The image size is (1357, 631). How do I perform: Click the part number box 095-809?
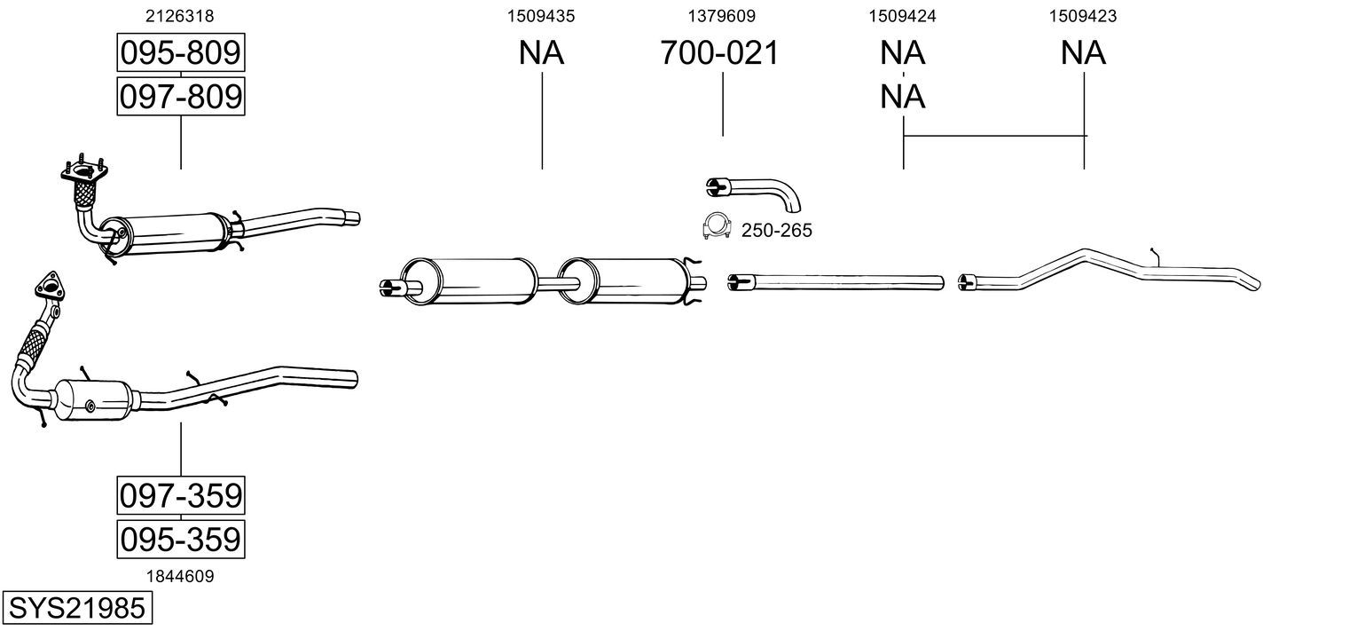coord(180,53)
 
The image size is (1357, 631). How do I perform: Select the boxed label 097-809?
coord(180,96)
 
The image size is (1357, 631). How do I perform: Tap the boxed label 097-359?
coord(180,495)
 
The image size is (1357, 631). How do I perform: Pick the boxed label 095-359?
coord(180,538)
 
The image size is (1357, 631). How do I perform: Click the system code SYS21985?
coord(75,608)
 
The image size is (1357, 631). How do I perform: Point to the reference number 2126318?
coord(180,15)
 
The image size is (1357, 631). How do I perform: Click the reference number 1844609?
coord(180,576)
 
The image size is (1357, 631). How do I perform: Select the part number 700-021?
coord(719,53)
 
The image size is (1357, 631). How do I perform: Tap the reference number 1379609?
coord(722,15)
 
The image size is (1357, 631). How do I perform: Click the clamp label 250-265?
coord(778,231)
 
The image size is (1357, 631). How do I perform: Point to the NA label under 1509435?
coord(541,53)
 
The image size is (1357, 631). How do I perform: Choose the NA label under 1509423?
coord(1083,53)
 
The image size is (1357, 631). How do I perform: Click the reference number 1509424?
coord(903,15)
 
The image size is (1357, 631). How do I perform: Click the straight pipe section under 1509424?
coord(835,282)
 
